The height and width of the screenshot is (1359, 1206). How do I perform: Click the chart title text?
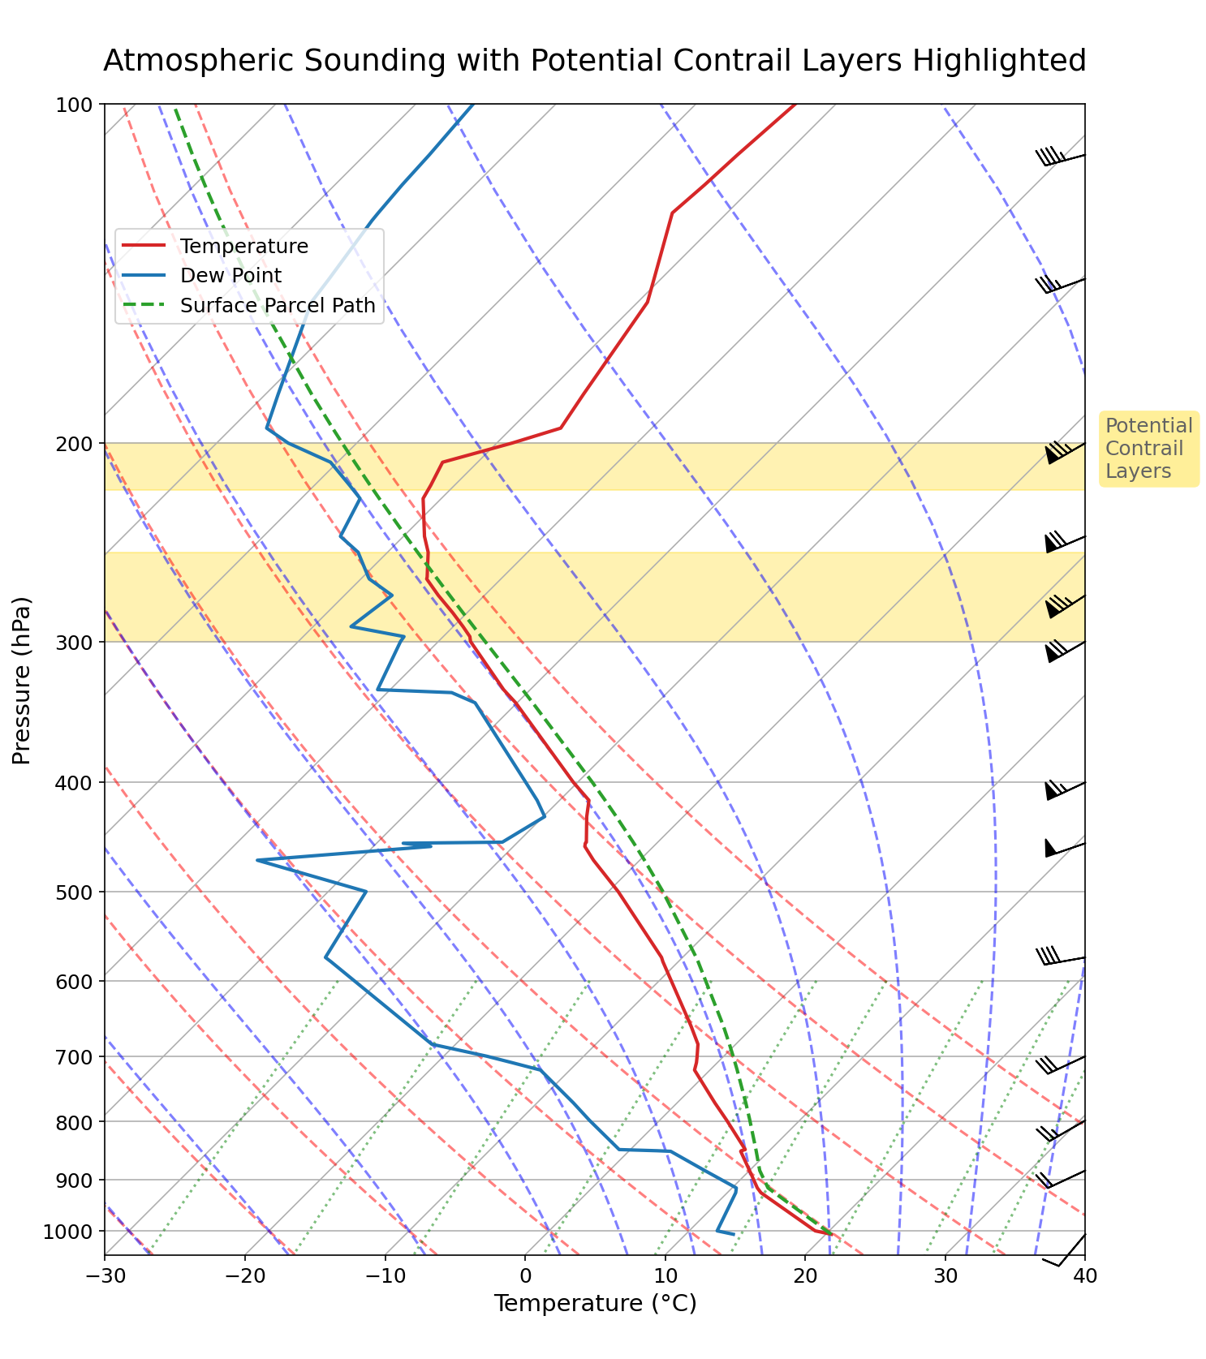point(594,61)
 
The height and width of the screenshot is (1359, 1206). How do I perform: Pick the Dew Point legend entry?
point(230,276)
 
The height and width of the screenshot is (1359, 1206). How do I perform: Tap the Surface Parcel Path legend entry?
point(278,306)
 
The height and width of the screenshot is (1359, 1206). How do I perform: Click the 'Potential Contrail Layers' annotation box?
point(1148,449)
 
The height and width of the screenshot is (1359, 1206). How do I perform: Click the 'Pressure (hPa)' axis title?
point(22,680)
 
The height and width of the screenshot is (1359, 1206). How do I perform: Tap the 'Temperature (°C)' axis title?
point(595,1303)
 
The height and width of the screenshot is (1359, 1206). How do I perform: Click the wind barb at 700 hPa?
point(1063,1064)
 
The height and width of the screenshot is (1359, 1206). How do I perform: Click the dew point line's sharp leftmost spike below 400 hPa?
point(257,860)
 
